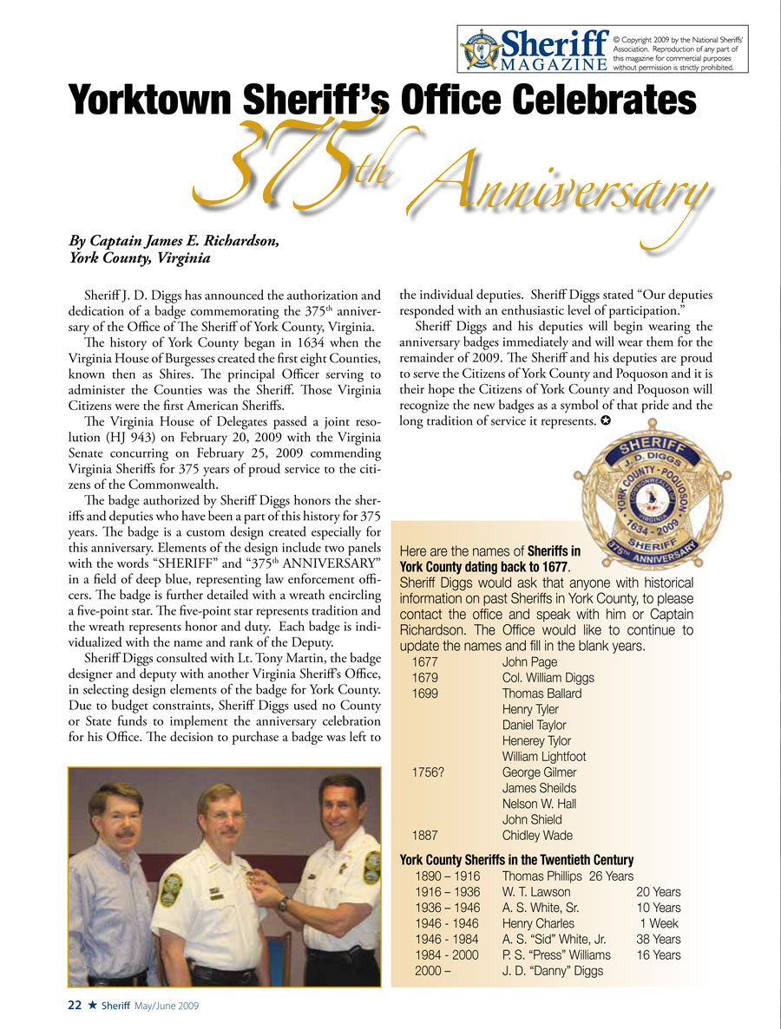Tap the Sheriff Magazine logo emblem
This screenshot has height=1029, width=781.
(x=480, y=49)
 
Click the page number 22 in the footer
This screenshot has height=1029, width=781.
(x=75, y=1005)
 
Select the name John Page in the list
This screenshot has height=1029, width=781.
(x=529, y=662)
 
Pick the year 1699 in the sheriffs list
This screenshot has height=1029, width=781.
(x=424, y=694)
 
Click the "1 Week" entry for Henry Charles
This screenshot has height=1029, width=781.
(x=659, y=923)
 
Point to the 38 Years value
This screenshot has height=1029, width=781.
(x=659, y=939)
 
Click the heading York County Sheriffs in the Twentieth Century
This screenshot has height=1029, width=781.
(x=516, y=860)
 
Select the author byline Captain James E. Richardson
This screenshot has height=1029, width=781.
(x=174, y=241)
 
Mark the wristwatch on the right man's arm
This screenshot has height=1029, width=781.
(x=284, y=904)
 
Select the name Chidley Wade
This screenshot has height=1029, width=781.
(x=537, y=836)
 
